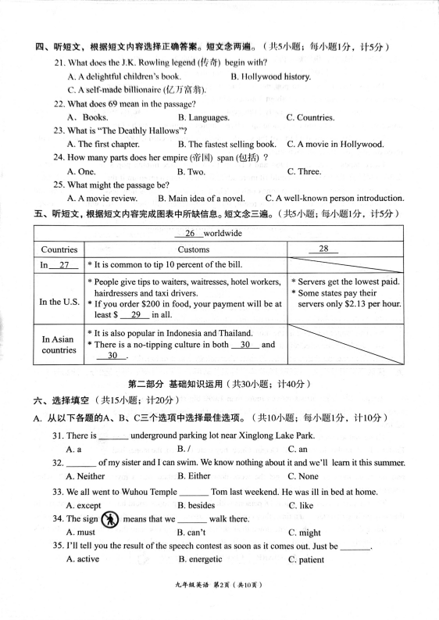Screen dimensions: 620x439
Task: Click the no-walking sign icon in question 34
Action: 111,520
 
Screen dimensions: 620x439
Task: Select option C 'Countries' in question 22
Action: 310,118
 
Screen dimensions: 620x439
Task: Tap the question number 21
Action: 59,63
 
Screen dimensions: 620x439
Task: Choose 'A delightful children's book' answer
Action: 124,77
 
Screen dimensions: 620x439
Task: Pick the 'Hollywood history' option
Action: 270,77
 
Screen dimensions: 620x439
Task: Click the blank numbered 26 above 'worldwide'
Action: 190,234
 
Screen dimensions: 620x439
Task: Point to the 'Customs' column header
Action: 188,249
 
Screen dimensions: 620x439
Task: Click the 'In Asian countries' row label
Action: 59,345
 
